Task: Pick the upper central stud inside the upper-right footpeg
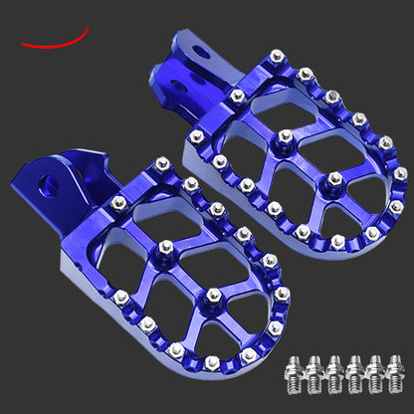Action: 285,136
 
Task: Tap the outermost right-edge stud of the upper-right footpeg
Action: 400,173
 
